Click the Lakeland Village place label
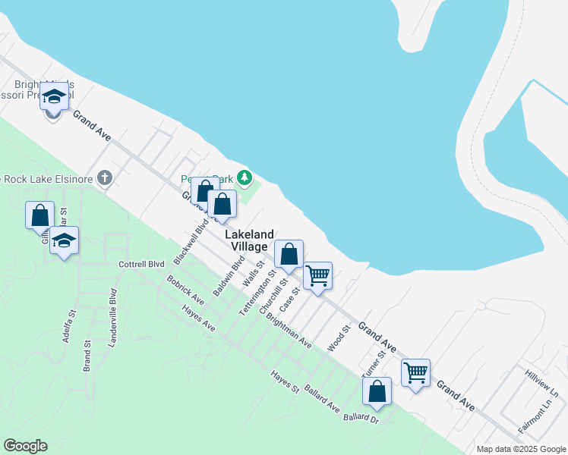point(250,241)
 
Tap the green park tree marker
point(244,178)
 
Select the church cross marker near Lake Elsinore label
point(105,179)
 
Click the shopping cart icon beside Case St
point(317,276)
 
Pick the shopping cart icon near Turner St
point(415,373)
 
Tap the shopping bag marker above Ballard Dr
point(377,391)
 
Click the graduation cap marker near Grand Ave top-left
point(54,97)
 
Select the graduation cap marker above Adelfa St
point(65,241)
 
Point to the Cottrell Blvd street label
point(141,265)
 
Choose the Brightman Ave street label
point(289,331)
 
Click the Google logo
point(25,446)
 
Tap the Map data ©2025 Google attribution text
point(520,449)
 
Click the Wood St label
point(337,338)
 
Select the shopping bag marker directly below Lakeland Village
point(289,255)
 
